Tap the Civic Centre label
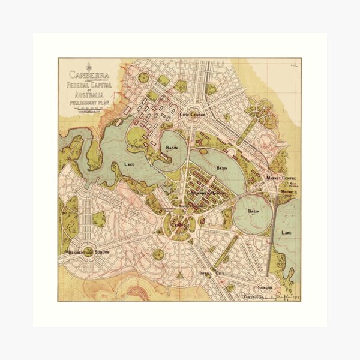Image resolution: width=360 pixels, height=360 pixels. pyautogui.click(x=196, y=110)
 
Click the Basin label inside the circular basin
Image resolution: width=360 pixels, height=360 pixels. pyautogui.click(x=254, y=212)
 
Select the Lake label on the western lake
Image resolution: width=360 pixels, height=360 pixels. pyautogui.click(x=130, y=163)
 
